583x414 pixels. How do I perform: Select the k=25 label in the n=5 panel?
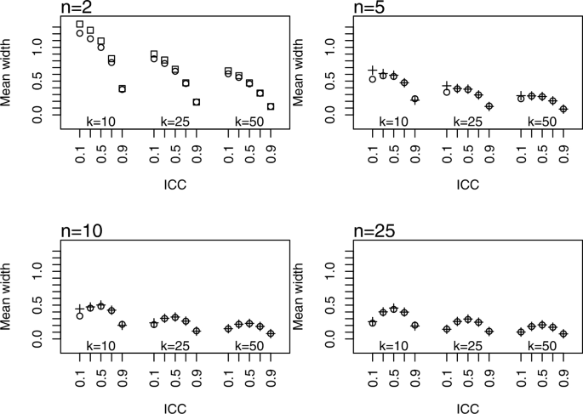point(467,122)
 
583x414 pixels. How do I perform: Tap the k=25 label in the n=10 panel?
point(175,346)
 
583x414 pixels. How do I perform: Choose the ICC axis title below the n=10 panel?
point(175,405)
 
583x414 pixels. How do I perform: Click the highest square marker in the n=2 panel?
point(80,25)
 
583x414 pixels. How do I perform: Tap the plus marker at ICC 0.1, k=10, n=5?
point(372,71)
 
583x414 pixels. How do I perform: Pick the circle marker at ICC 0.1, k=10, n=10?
point(80,315)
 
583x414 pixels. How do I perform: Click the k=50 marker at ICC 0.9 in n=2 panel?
point(271,106)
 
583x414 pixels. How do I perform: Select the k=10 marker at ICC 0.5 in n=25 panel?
point(393,309)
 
